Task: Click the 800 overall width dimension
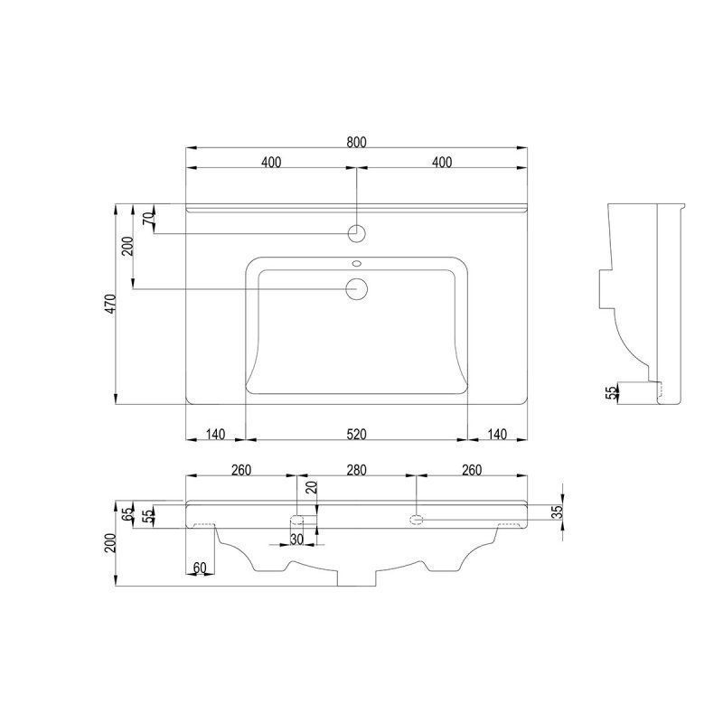(356, 142)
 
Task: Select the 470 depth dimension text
(110, 304)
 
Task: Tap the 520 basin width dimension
(356, 434)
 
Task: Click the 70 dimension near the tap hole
(148, 219)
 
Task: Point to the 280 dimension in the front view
(356, 470)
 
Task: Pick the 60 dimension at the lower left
(200, 568)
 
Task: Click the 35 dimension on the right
(558, 512)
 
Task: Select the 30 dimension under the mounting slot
(296, 539)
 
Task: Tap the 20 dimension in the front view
(313, 487)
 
